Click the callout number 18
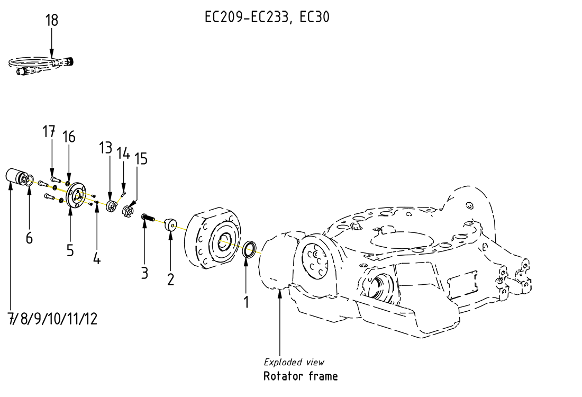[52, 21]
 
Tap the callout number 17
[49, 131]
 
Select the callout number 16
[69, 137]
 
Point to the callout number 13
[105, 148]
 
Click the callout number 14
[123, 154]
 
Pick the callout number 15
[141, 158]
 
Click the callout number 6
[29, 238]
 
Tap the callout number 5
[70, 250]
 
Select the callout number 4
[96, 258]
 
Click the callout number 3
[144, 273]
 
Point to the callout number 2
[170, 279]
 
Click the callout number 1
[246, 302]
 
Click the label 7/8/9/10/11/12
[52, 319]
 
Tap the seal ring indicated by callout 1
[249, 248]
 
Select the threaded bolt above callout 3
[147, 217]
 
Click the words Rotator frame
[300, 376]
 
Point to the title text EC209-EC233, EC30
[267, 17]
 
